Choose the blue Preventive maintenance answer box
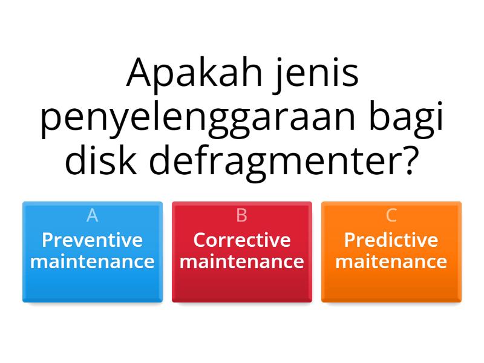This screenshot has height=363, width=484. coord(93,252)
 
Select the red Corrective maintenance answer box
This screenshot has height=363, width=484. coord(242,252)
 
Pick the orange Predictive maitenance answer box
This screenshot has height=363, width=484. coord(391,252)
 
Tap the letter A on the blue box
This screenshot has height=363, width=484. coord(93,215)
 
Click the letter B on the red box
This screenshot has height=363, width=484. coord(242,215)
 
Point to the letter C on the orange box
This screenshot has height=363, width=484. coord(391,215)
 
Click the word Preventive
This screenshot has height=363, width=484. coord(93,240)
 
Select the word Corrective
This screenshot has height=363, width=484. coord(242,240)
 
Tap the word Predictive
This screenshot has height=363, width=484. coord(391,240)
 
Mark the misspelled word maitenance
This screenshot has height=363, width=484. coord(391,262)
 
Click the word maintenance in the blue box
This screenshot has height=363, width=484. coord(93,262)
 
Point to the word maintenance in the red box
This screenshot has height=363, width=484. coord(242,262)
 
